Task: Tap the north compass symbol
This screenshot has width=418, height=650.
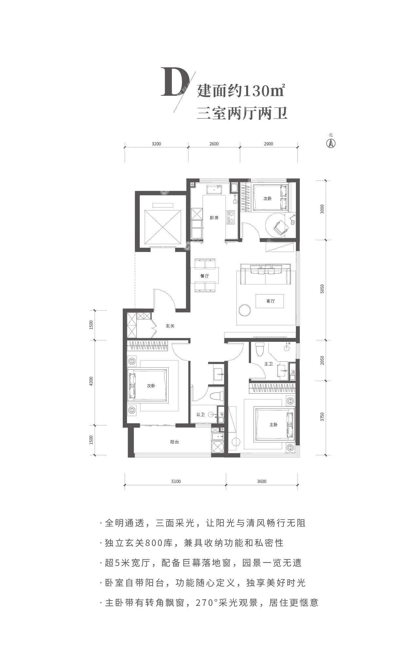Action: [331, 143]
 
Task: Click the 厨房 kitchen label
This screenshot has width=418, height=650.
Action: [214, 218]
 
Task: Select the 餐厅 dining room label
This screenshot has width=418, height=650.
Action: [205, 276]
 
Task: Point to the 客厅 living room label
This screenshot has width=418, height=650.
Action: [270, 301]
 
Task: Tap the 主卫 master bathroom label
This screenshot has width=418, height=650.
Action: [268, 364]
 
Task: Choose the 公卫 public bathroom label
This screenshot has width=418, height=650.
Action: [200, 415]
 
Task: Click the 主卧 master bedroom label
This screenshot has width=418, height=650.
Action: [273, 425]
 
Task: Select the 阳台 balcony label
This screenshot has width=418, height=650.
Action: [174, 442]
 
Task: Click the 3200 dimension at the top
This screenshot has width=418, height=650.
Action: [156, 144]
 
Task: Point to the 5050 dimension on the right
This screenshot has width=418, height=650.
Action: [322, 289]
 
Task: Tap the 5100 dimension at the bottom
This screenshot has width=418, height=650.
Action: [176, 481]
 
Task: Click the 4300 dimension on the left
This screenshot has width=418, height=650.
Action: [91, 381]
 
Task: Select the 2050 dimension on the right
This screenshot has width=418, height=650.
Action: [322, 360]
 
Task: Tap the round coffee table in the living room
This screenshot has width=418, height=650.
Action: [244, 310]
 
